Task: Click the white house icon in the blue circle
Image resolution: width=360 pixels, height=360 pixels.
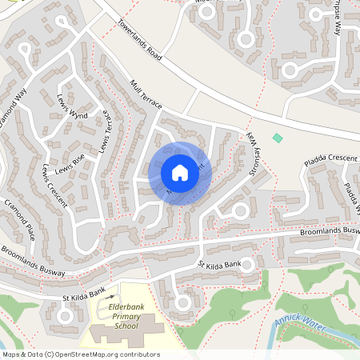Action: click(x=179, y=172)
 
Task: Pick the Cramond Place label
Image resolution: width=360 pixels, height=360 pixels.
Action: click(x=18, y=220)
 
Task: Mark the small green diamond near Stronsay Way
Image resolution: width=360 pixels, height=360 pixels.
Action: click(x=278, y=138)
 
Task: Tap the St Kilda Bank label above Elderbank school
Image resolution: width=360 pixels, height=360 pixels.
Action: click(x=84, y=294)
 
